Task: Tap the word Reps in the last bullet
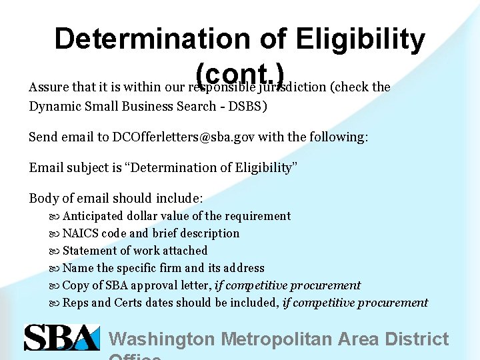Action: coord(75,303)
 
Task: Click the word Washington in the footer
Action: coord(162,339)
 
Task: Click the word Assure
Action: coord(46,87)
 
